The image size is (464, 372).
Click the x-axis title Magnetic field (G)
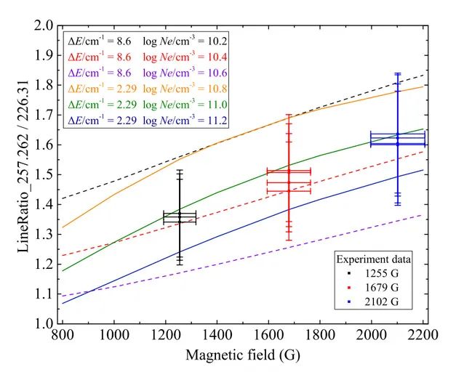[242, 356]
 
